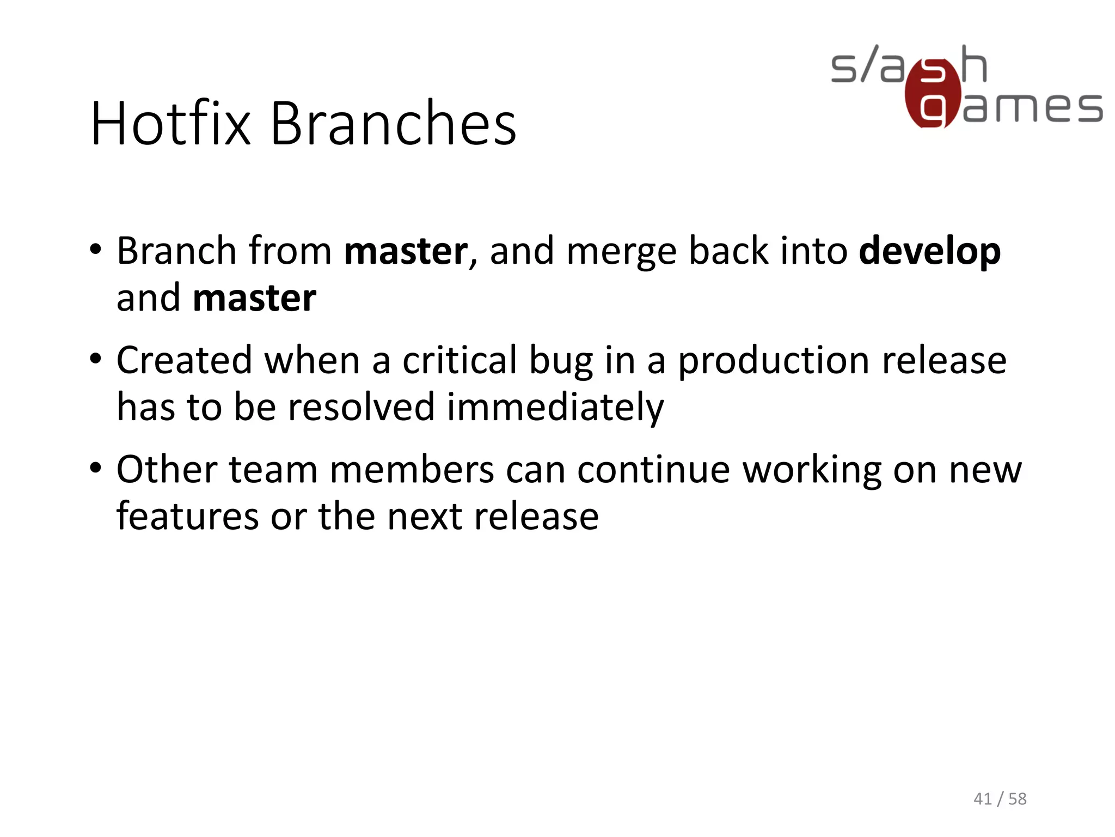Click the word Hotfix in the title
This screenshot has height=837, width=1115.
click(170, 124)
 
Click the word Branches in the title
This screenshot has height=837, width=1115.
click(393, 124)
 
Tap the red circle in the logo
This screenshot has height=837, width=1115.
click(932, 94)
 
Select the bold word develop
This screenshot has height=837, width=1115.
click(929, 252)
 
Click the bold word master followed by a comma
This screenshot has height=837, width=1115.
click(406, 252)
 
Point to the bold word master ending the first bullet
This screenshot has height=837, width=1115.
click(254, 299)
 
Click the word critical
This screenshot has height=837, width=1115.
click(460, 361)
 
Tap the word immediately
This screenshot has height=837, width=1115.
click(555, 408)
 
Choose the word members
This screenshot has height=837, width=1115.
click(412, 470)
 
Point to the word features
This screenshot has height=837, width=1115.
click(188, 516)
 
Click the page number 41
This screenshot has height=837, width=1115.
click(982, 799)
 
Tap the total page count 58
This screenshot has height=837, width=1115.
click(1017, 799)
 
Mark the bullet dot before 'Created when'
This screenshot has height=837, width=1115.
click(96, 359)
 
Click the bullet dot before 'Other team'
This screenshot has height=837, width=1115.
click(96, 468)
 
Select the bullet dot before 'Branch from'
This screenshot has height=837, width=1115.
click(96, 250)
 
